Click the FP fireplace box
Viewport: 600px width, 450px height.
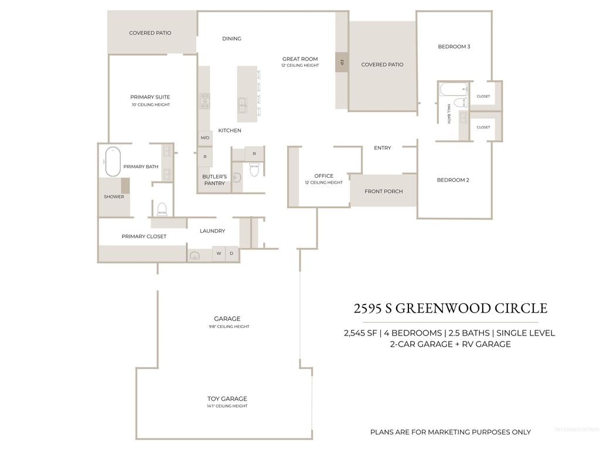341,62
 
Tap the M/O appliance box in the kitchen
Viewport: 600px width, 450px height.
205,138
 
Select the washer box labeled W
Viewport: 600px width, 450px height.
219,253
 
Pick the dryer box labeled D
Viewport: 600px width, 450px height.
232,253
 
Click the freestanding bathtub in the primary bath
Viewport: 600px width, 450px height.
112,161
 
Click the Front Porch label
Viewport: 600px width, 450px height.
383,191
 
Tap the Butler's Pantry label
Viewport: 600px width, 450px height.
214,180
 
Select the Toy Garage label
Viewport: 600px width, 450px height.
227,399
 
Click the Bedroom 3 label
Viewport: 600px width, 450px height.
454,47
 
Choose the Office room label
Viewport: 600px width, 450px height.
323,176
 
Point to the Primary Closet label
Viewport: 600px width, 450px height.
144,236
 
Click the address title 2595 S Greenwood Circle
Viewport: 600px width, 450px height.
450,308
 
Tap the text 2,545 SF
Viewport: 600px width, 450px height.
360,333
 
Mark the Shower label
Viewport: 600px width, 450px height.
114,197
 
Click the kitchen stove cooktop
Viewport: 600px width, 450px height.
204,101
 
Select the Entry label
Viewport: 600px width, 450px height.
382,148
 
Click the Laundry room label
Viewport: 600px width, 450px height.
212,231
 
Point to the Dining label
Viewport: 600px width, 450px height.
231,39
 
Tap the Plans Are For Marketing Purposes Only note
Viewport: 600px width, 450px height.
450,432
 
